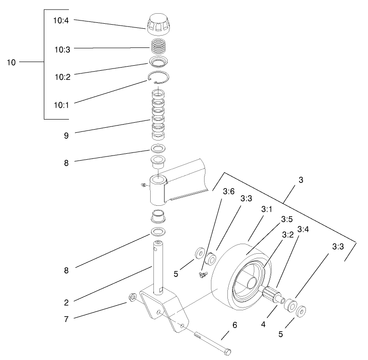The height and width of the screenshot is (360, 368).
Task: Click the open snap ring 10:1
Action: (159, 78)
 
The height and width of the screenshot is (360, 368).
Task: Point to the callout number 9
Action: (67, 135)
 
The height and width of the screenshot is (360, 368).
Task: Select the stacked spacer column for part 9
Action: (158, 116)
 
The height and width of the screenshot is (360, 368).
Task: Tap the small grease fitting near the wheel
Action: (203, 274)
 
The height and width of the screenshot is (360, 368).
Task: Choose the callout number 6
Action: (235, 325)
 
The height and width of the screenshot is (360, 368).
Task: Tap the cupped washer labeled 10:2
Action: (159, 62)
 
